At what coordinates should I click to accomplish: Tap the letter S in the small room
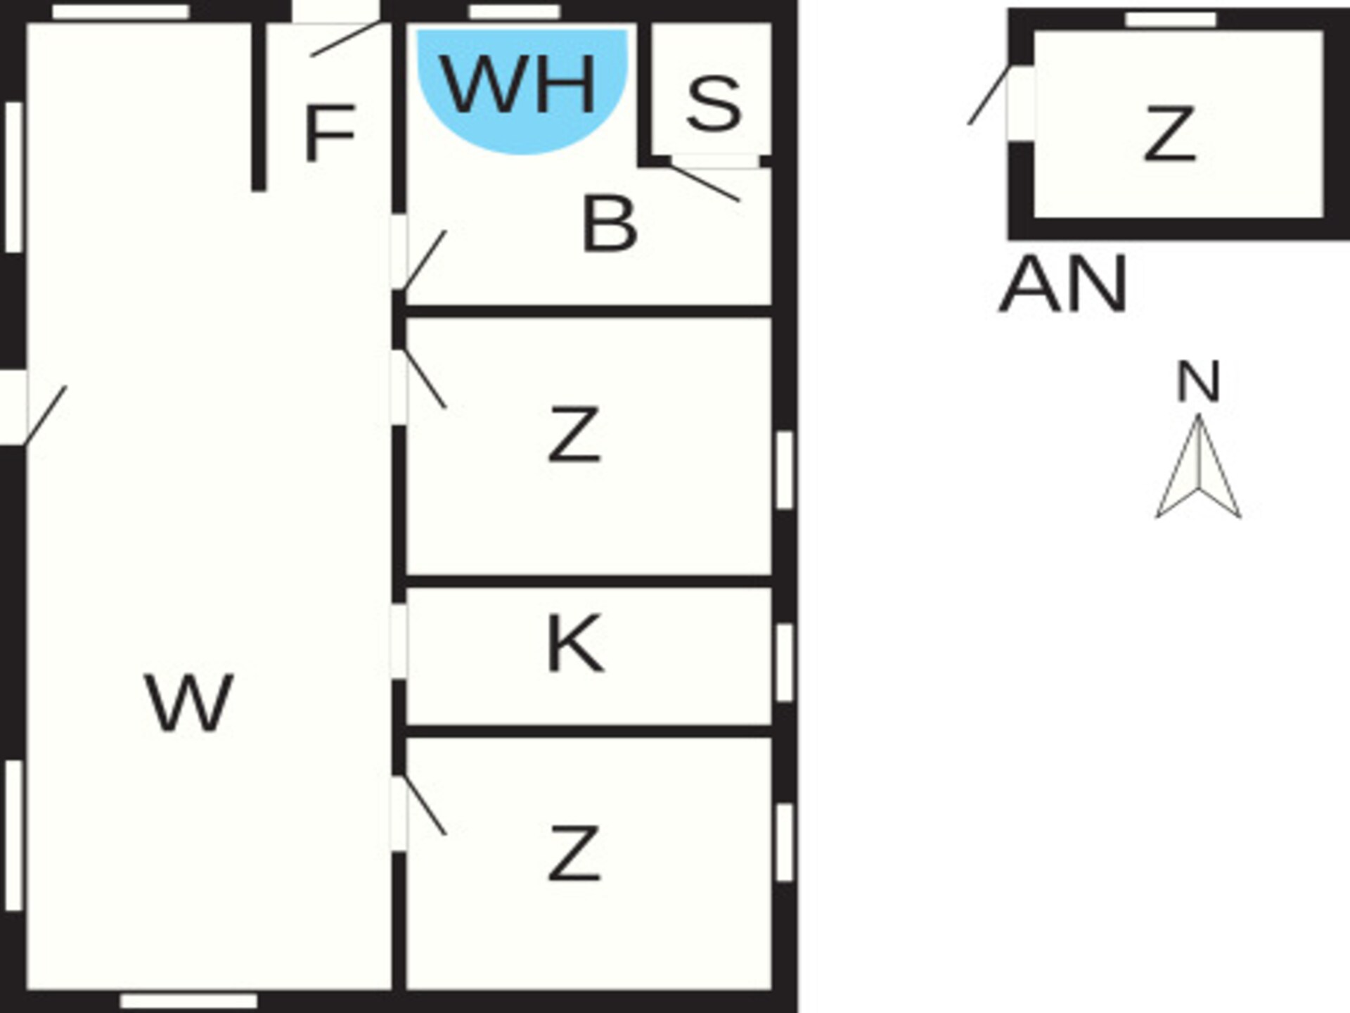pos(714,104)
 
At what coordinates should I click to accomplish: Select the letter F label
pos(329,132)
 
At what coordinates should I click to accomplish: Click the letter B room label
pos(610,224)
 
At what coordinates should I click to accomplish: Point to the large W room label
pos(189,702)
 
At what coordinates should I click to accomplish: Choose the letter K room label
pos(574,643)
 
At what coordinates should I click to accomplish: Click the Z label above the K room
pos(574,434)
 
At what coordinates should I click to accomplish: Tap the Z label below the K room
pos(574,853)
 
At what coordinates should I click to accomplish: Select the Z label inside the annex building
pos(1169,133)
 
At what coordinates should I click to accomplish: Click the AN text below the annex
pos(1063,284)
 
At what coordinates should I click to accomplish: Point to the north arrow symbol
pos(1198,466)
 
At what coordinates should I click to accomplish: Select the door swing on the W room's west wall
pos(46,415)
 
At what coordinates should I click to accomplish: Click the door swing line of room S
pos(704,183)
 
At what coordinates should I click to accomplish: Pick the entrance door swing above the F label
pos(346,39)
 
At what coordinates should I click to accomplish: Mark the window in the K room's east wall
pos(784,662)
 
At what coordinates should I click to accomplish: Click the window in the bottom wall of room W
pos(188,1001)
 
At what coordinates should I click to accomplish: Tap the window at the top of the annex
pos(1171,20)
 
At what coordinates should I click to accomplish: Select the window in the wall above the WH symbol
pos(515,12)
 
